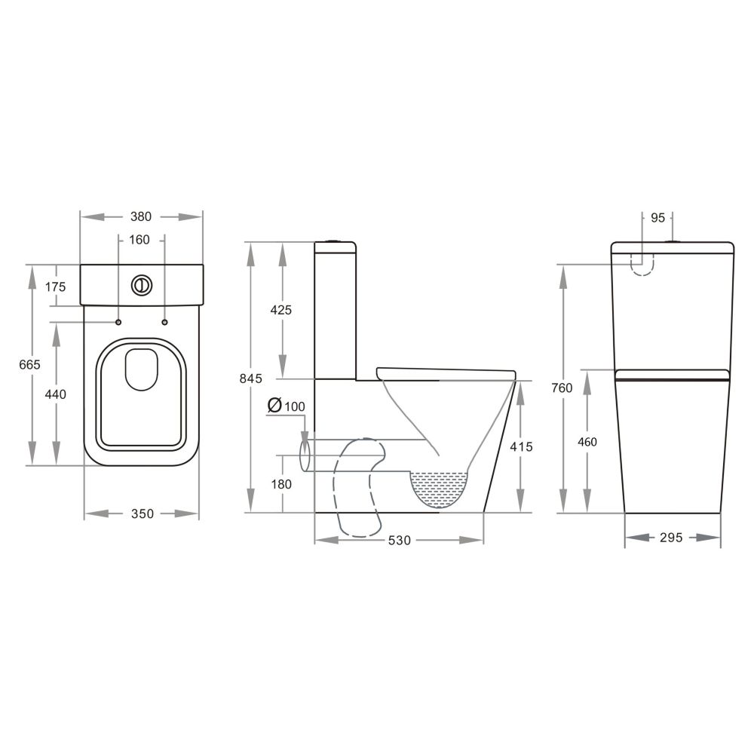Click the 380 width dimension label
point(141,217)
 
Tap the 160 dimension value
point(139,240)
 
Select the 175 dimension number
point(55,287)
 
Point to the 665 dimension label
point(30,365)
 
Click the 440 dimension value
point(55,395)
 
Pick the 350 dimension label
point(143,514)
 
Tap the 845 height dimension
point(251,379)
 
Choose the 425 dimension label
point(280,310)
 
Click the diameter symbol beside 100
point(274,406)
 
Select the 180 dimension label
point(281,484)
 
